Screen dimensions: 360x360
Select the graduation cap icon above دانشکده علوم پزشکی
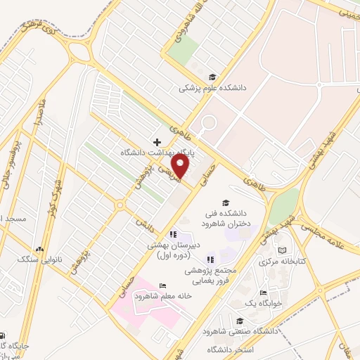(212, 77)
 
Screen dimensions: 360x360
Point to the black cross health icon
(157, 142)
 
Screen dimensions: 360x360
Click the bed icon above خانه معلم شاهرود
(163, 285)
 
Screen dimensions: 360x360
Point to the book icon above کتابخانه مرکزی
(283, 250)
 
